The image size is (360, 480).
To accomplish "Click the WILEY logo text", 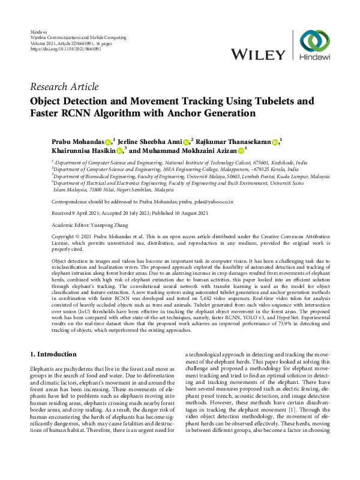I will tap(258, 55).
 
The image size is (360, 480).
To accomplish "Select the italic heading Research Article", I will tap(64, 87).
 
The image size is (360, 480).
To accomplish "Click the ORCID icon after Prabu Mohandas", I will tap(109, 142).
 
